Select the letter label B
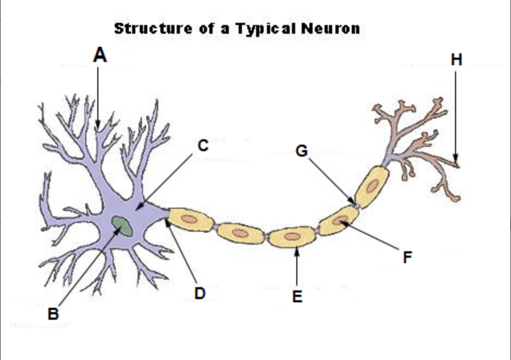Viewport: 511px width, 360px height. [53, 314]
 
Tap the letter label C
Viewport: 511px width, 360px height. [202, 146]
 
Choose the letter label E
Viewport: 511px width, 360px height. [297, 296]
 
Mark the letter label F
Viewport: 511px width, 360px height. [407, 257]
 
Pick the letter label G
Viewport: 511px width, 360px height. [302, 151]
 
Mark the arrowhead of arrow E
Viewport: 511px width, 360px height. [297, 251]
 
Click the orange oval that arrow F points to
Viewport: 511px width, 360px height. [341, 220]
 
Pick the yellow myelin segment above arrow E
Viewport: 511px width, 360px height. [292, 237]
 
